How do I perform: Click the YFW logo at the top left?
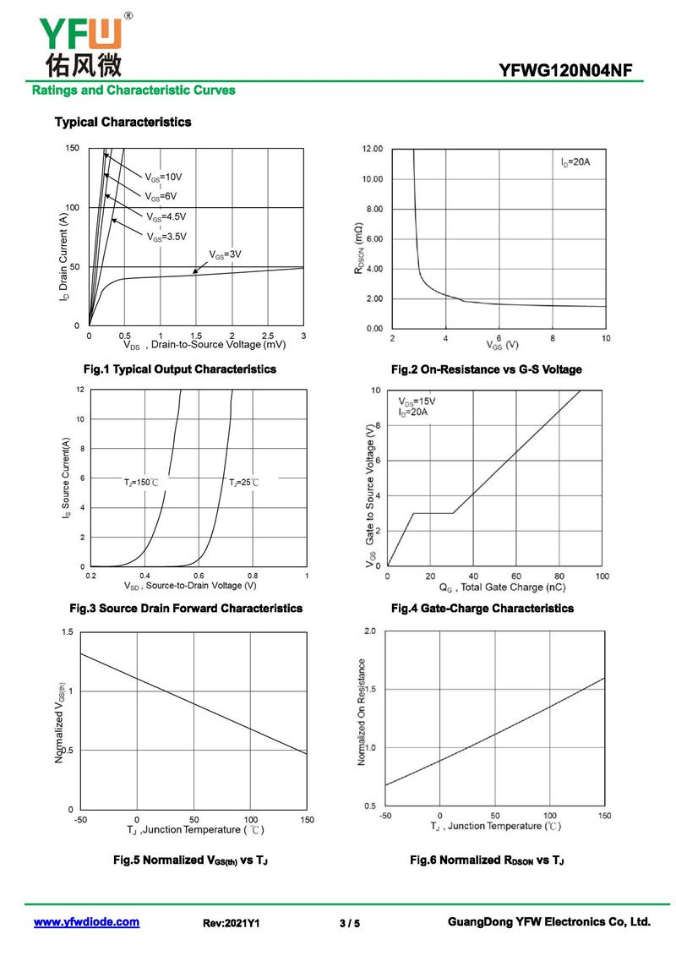click(x=81, y=43)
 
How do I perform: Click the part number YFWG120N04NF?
click(x=565, y=71)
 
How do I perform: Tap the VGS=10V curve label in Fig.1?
click(x=163, y=178)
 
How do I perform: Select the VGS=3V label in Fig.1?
click(x=226, y=254)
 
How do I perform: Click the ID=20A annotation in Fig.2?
click(x=575, y=161)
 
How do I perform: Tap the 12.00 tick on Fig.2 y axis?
click(x=373, y=149)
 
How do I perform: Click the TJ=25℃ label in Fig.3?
click(x=243, y=482)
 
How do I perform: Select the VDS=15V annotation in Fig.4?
click(x=417, y=402)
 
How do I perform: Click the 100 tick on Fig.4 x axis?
click(x=602, y=576)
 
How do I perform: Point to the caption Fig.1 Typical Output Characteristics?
click(x=179, y=369)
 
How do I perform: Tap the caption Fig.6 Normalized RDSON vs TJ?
click(x=487, y=860)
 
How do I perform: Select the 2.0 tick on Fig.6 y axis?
click(x=369, y=631)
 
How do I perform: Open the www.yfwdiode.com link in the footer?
click(x=86, y=922)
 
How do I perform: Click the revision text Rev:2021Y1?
click(x=231, y=924)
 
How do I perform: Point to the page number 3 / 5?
click(x=349, y=924)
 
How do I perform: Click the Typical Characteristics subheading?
click(x=123, y=122)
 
